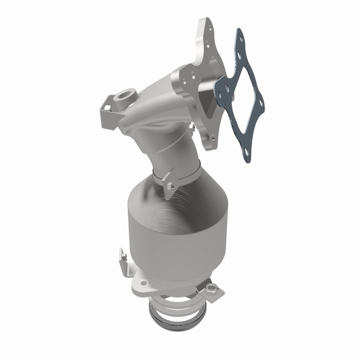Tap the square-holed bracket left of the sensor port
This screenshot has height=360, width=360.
pyautogui.click(x=106, y=105)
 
